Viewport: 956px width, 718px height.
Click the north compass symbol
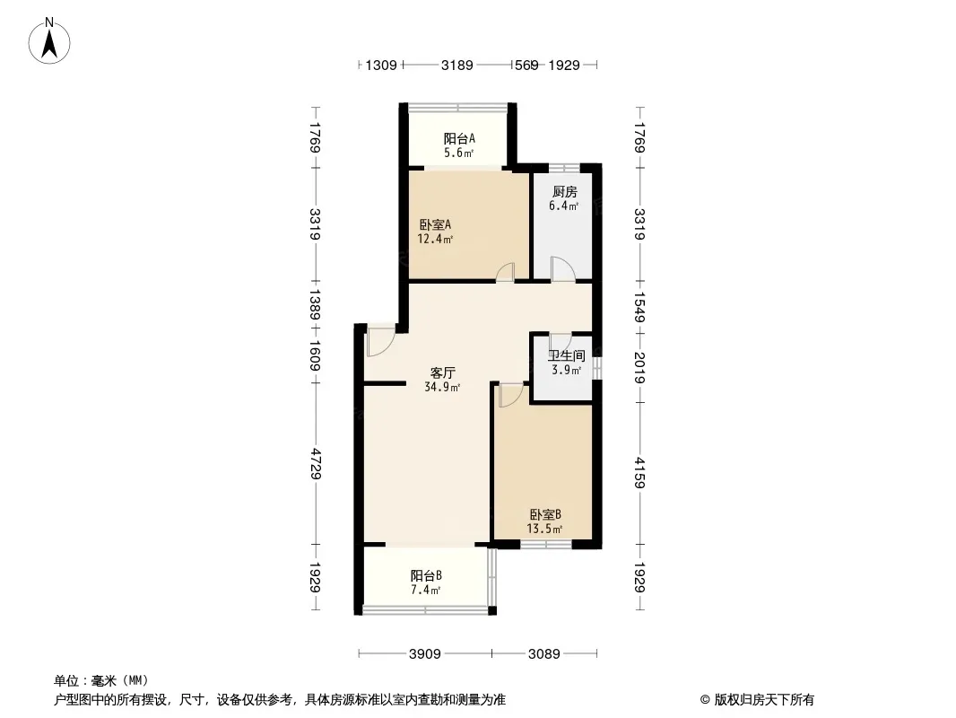point(52,40)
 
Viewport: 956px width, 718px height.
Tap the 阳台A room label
point(459,139)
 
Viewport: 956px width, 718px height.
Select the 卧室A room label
point(435,225)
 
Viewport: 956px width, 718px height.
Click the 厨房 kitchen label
point(564,192)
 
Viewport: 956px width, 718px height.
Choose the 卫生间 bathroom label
point(567,355)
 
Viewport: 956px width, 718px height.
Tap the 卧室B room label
point(545,515)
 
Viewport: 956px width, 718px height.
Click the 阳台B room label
point(426,575)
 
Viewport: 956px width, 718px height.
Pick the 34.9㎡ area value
point(442,388)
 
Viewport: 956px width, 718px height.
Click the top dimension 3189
point(457,65)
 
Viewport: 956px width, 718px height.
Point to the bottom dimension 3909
point(424,654)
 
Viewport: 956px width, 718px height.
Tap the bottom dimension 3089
point(543,654)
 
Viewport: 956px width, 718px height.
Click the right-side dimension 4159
point(639,473)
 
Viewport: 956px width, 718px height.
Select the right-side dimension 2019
point(639,367)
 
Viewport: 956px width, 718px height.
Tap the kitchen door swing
point(562,268)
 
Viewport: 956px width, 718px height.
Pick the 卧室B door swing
point(509,395)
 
